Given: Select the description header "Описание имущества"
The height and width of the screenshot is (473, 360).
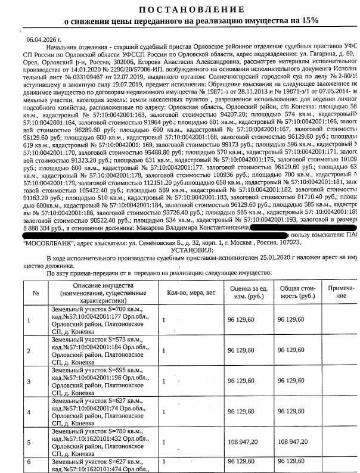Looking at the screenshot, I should (98, 286).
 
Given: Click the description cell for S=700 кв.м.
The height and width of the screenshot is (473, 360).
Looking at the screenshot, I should (98, 320).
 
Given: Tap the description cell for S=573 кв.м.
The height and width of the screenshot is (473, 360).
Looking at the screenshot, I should (98, 350).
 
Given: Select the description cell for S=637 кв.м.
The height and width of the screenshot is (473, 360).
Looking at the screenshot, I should (98, 411).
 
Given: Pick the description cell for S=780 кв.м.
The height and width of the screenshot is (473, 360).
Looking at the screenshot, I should (98, 441).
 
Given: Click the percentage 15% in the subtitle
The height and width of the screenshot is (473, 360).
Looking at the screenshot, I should (308, 20).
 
